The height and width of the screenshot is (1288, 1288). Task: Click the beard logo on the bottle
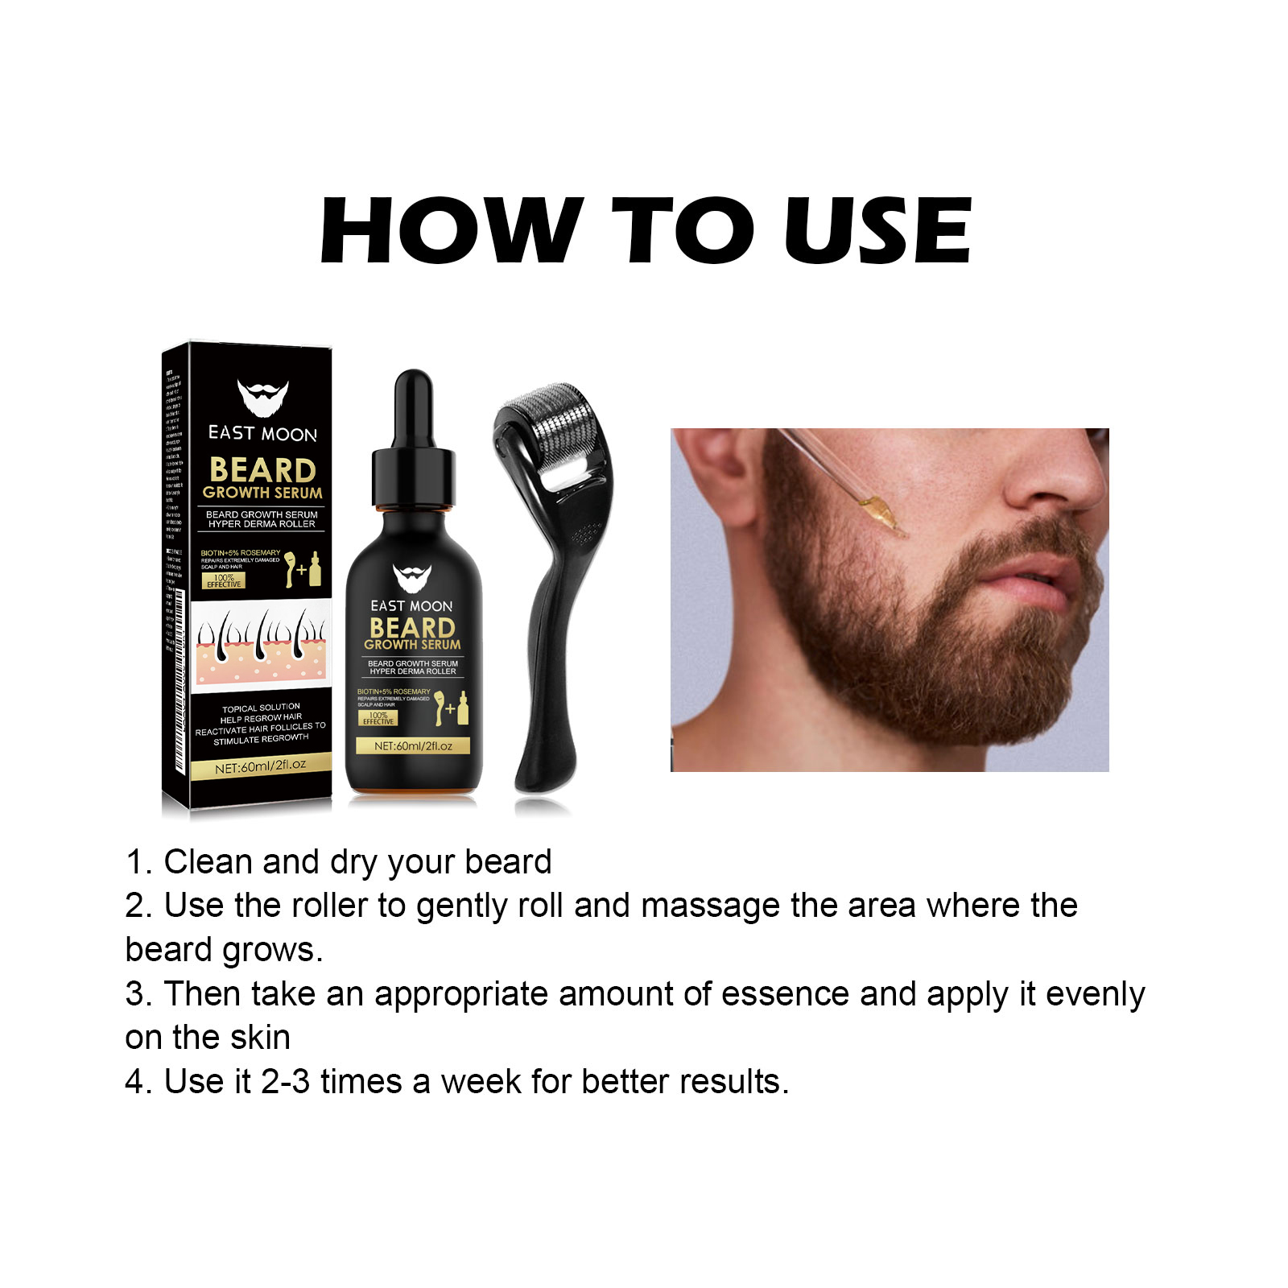[x=412, y=579]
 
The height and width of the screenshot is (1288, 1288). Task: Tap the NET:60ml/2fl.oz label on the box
[x=261, y=767]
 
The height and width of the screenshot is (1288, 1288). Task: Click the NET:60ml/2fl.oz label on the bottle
[x=413, y=746]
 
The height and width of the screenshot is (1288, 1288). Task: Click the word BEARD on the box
[x=262, y=469]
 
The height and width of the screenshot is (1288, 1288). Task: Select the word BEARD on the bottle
[x=412, y=627]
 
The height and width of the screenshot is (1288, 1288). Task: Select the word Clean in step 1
[x=208, y=862]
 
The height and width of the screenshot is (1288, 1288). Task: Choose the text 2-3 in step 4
[x=285, y=1082]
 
